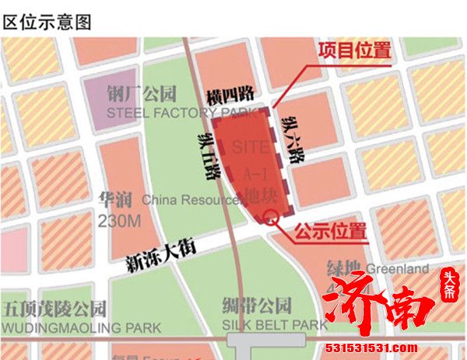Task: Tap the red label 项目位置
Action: click(354, 51)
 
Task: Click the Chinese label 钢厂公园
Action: click(142, 94)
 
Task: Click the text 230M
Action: click(119, 222)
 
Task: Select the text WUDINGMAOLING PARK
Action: click(81, 327)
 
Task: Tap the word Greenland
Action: click(399, 269)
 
